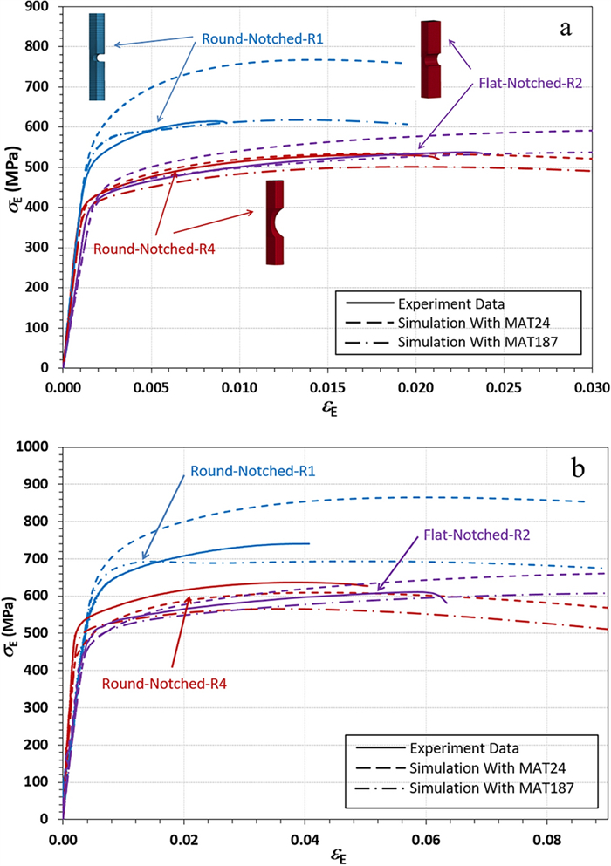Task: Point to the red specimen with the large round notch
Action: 276,222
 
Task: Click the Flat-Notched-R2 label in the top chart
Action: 530,85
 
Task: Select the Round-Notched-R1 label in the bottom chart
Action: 253,471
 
